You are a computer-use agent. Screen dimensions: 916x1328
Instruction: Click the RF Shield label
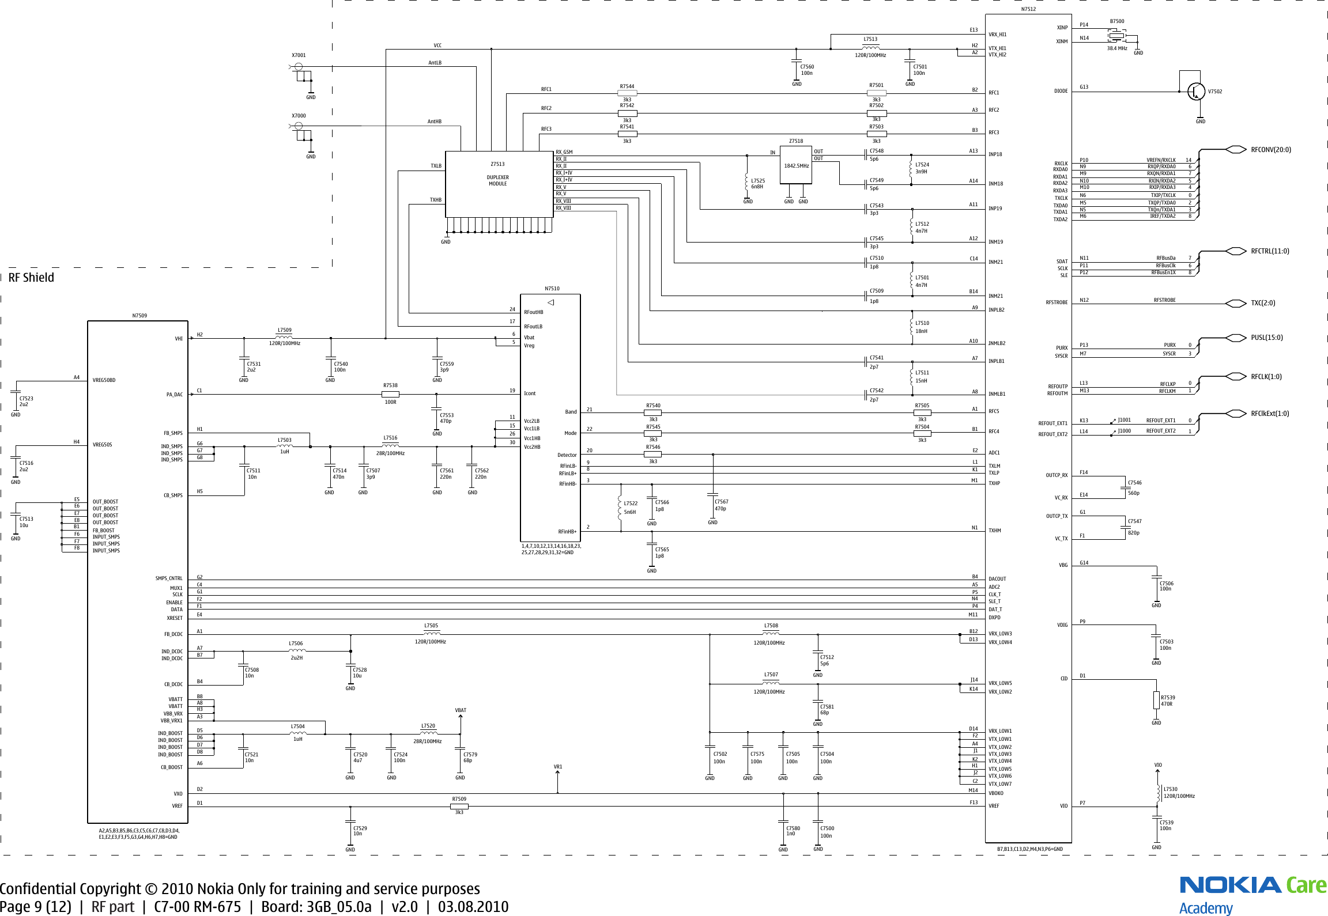click(31, 278)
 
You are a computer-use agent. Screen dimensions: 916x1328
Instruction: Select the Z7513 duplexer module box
click(499, 184)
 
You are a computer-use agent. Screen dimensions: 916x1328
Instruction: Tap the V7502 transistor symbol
click(1196, 92)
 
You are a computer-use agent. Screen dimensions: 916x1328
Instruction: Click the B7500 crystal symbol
click(1116, 36)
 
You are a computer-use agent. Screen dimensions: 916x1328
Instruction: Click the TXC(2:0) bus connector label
click(1262, 303)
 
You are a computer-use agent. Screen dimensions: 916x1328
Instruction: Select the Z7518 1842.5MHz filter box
click(796, 165)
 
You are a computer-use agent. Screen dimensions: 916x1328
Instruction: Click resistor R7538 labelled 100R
click(390, 395)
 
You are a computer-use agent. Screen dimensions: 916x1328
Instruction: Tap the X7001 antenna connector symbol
click(299, 67)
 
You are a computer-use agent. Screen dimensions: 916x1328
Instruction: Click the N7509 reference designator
click(139, 316)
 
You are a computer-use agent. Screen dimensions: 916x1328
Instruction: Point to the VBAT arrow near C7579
click(461, 717)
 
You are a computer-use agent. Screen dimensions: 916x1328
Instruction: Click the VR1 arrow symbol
click(557, 774)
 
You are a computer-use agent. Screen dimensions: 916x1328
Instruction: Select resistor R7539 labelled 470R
click(1156, 700)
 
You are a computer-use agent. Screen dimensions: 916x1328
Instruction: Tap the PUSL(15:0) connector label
click(1266, 338)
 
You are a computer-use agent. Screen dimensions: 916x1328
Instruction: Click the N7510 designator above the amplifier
click(552, 289)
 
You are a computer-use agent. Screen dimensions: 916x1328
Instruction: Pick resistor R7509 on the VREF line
click(459, 806)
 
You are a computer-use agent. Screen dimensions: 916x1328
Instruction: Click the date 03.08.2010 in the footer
click(473, 907)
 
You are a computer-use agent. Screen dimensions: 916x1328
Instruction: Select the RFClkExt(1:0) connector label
click(1270, 414)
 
